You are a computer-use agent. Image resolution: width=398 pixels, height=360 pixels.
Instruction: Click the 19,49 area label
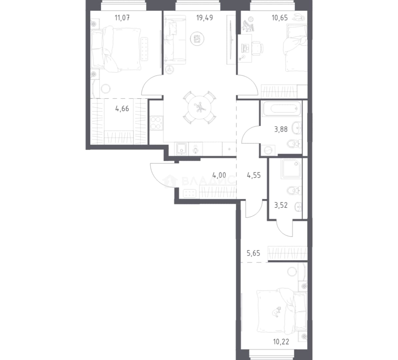[205, 18]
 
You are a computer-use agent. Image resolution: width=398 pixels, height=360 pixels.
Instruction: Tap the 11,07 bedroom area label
[122, 18]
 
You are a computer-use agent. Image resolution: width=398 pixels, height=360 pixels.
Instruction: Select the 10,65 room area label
[280, 18]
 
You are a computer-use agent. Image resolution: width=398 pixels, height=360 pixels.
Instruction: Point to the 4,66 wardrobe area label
[122, 109]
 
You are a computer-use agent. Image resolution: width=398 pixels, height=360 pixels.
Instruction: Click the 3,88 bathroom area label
[281, 129]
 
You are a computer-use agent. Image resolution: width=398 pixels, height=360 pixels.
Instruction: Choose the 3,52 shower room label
[281, 205]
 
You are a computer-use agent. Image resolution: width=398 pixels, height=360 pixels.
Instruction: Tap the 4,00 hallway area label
[219, 175]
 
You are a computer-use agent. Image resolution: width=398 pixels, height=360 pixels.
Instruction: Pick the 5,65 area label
[254, 253]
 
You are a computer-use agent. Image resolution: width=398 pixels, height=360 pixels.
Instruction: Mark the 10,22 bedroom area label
[281, 342]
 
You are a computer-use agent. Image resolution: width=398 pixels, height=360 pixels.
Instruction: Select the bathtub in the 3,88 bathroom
[281, 109]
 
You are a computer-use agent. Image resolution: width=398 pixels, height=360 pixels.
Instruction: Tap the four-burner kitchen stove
[156, 123]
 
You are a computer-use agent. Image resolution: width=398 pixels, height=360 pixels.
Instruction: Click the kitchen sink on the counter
[181, 149]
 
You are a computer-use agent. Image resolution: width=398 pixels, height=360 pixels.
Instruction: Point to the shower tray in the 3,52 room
[291, 168]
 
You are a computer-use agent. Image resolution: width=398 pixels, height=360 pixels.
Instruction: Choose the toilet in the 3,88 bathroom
[294, 144]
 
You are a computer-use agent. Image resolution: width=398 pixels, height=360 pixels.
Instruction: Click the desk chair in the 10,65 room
[258, 48]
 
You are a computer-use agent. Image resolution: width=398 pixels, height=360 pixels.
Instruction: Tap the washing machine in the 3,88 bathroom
[268, 150]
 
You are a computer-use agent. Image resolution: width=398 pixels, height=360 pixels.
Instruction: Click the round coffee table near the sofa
[197, 39]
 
